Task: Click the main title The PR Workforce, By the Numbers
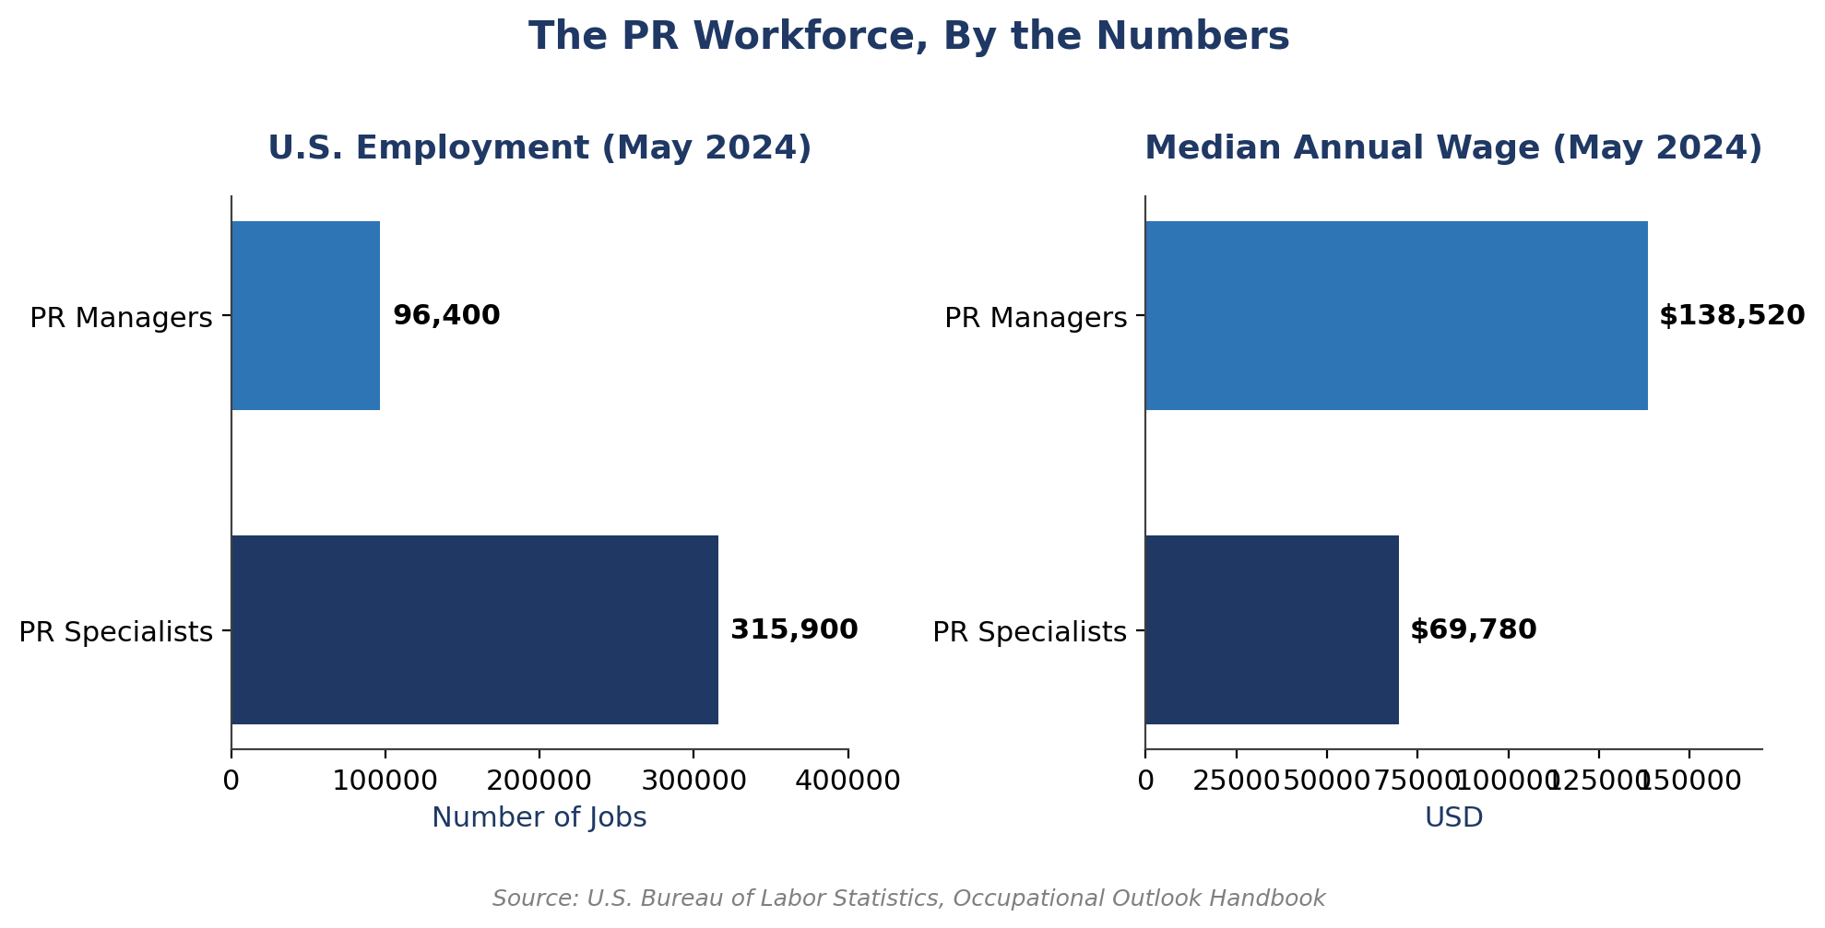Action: click(908, 37)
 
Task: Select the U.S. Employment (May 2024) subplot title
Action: click(539, 148)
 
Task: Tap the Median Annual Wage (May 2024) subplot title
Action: click(1453, 148)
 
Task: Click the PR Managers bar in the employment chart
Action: click(305, 315)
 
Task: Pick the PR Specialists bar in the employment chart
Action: click(474, 629)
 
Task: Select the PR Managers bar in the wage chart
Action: click(1396, 315)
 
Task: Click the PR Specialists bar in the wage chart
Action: click(1272, 629)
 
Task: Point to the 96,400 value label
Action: click(446, 315)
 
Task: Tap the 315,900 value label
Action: click(794, 630)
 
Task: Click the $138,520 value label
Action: click(1731, 316)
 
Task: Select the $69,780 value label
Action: click(1473, 630)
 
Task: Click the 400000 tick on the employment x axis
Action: click(847, 781)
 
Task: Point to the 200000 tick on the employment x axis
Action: click(539, 781)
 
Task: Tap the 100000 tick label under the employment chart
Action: click(385, 781)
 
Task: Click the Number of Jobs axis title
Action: click(539, 817)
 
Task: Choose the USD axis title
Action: click(1453, 817)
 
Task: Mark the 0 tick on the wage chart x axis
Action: click(1145, 781)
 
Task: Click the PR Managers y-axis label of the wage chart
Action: click(1035, 318)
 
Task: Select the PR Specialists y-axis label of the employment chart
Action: click(116, 632)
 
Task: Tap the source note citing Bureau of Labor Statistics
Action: click(908, 899)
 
